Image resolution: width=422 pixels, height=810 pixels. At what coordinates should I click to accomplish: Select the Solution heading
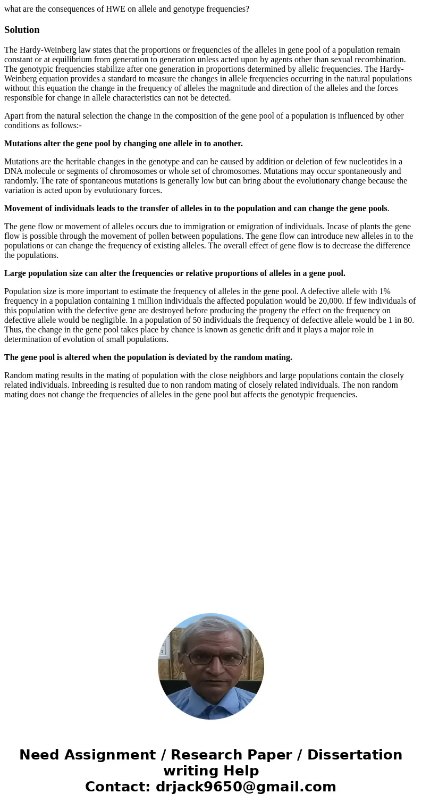[x=22, y=30]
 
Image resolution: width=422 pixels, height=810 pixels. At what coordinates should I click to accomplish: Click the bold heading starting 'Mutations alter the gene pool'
[x=123, y=144]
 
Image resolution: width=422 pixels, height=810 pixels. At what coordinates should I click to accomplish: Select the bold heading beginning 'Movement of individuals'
[x=196, y=208]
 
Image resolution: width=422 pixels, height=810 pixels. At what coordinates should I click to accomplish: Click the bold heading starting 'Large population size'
[x=174, y=273]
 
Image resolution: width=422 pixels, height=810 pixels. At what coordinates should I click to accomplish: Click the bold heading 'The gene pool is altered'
[x=148, y=357]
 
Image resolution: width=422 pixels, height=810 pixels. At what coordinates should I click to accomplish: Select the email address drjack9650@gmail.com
[x=246, y=787]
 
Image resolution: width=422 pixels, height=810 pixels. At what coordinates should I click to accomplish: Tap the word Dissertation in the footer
[x=355, y=755]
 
